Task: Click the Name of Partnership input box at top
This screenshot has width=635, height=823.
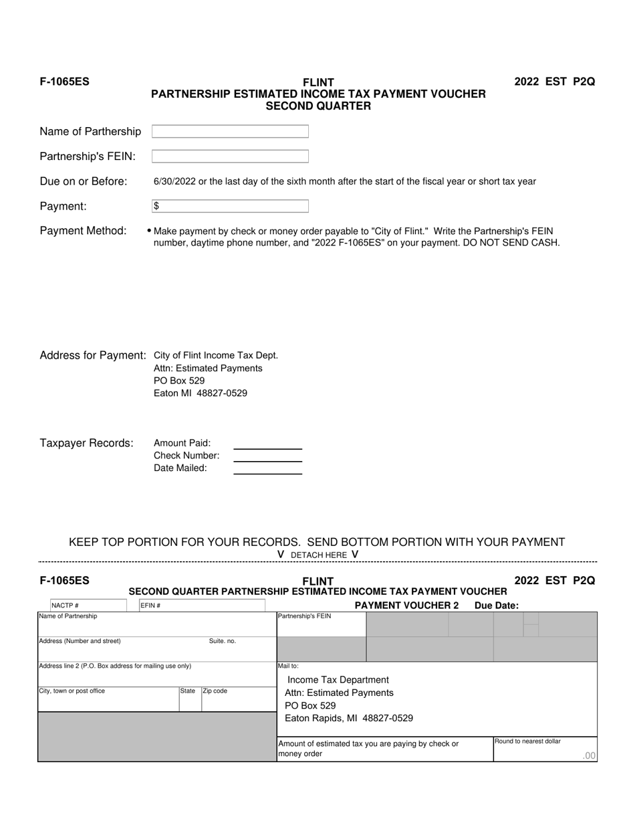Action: pyautogui.click(x=230, y=132)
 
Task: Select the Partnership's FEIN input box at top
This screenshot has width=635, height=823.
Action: pyautogui.click(x=230, y=157)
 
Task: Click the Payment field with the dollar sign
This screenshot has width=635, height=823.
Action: pyautogui.click(x=230, y=206)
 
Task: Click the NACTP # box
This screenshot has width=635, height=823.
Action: pyautogui.click(x=88, y=606)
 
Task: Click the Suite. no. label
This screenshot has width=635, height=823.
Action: pyautogui.click(x=223, y=641)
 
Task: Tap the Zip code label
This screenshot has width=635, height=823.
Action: pyautogui.click(x=215, y=691)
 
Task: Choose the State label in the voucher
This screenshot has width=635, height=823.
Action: pyautogui.click(x=187, y=691)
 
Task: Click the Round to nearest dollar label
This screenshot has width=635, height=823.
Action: pyautogui.click(x=528, y=741)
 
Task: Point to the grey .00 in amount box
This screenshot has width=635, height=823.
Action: pyautogui.click(x=588, y=756)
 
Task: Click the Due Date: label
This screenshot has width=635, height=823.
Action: pyautogui.click(x=496, y=606)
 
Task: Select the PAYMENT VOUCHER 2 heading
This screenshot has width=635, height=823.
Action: pyautogui.click(x=406, y=606)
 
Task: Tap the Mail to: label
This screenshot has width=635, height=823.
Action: pyautogui.click(x=288, y=666)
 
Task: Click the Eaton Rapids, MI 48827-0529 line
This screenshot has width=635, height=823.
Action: pyautogui.click(x=349, y=719)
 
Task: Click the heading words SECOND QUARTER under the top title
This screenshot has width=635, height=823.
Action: pyautogui.click(x=318, y=106)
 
